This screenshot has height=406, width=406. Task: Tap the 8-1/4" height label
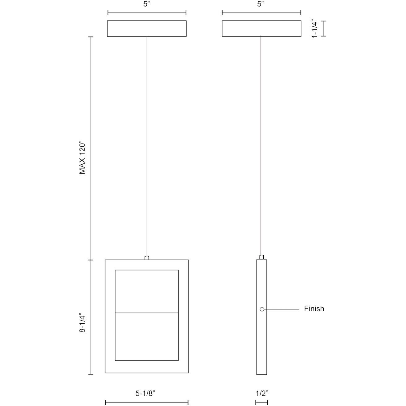82,323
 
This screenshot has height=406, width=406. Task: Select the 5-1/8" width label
145,393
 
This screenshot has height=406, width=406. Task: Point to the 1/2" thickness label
262,393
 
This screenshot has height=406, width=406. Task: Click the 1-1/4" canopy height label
315,28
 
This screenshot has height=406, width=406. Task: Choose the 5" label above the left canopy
147,4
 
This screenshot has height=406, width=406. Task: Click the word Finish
314,309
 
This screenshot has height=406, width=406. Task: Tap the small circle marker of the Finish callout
262,309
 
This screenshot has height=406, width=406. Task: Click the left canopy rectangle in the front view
147,28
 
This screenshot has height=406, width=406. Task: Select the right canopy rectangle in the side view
261,28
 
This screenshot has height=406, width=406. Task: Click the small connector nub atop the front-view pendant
147,257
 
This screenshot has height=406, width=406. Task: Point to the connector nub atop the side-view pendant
261,257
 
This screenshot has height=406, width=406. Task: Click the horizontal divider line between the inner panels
147,313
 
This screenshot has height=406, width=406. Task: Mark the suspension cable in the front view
147,145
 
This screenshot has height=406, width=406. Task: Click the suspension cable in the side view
261,145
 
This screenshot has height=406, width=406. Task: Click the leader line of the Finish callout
282,309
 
